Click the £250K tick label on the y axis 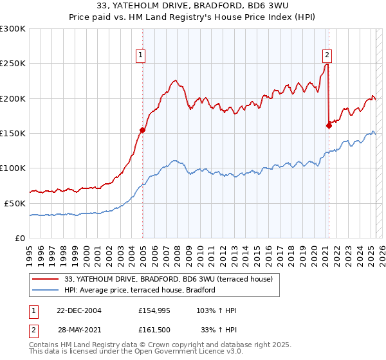[x=13, y=64]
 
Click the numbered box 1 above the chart [x=140, y=56]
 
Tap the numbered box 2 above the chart [x=327, y=56]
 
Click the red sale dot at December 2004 [x=142, y=130]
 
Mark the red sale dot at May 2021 [x=329, y=125]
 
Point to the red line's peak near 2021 [x=327, y=64]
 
